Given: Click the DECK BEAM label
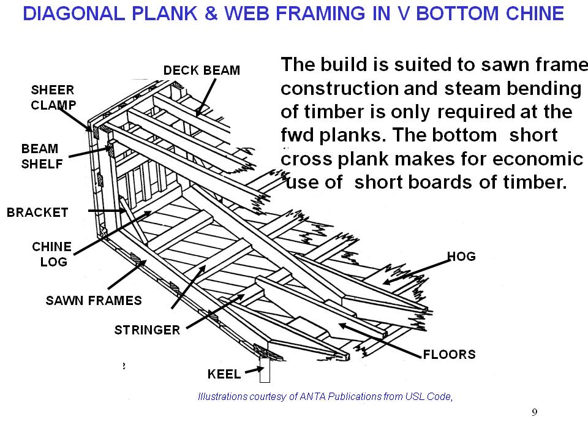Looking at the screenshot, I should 202,70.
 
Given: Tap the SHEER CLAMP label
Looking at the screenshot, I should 53,97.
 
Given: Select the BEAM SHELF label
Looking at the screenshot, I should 40,156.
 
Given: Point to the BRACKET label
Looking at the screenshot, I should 37,213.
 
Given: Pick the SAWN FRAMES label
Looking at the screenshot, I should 94,300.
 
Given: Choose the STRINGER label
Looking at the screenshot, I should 147,330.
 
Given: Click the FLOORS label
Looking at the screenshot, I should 449,354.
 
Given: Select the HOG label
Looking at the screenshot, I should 462,257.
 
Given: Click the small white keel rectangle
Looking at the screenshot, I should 265,369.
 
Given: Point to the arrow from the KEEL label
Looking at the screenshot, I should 251,371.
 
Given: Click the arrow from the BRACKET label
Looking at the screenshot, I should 108,211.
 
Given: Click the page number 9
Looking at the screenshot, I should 534,412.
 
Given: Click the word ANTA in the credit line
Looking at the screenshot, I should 314,396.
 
